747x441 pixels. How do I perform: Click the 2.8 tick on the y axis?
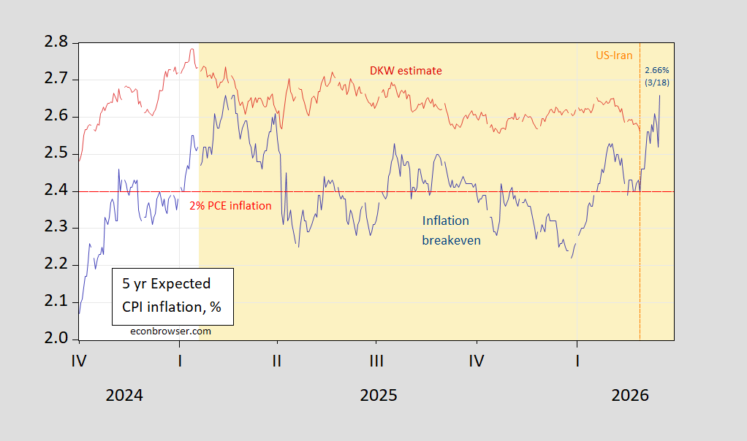coord(57,42)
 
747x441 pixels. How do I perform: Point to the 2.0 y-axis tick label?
coord(57,339)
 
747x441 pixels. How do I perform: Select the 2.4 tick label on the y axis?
coord(57,191)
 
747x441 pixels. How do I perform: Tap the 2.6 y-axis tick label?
coord(57,116)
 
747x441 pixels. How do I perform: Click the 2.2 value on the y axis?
coord(57,264)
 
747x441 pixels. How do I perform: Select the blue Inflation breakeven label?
coord(451,230)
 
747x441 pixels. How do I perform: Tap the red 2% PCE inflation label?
coord(230,206)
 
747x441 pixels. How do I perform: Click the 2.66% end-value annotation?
coord(656,70)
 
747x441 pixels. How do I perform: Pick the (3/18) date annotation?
coord(656,82)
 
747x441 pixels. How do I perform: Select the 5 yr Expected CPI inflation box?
coord(172,296)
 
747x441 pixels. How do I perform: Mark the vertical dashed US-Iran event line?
coord(640,219)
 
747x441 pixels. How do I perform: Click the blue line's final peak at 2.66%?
coord(660,95)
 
